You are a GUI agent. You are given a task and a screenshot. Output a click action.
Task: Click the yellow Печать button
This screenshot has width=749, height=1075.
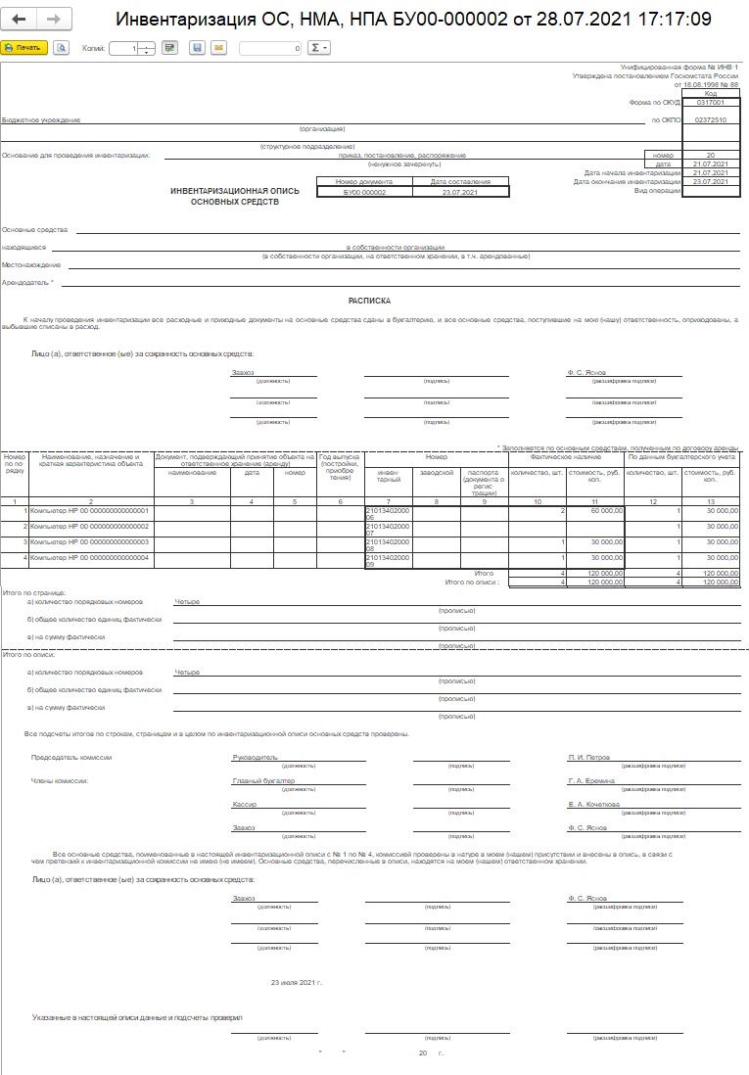click(23, 47)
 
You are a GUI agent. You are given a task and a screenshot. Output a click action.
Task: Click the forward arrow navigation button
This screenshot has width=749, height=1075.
click(54, 20)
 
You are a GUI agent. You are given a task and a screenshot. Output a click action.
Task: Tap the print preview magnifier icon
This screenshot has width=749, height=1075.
click(62, 47)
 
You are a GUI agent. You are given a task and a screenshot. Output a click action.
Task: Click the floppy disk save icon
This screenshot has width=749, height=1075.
click(197, 47)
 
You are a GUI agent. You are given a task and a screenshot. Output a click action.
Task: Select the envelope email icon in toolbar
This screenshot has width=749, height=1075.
click(217, 47)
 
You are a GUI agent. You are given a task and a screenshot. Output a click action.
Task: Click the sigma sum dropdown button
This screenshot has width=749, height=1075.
click(319, 47)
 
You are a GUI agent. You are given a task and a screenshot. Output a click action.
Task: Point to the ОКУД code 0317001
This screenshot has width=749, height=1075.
click(710, 102)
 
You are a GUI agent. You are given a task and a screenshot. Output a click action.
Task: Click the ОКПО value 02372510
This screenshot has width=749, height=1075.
click(710, 119)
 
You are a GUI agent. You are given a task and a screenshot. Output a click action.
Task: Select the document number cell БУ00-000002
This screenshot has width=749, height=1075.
click(365, 193)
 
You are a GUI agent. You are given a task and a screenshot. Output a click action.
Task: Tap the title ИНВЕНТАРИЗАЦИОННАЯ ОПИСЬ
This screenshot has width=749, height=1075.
click(234, 193)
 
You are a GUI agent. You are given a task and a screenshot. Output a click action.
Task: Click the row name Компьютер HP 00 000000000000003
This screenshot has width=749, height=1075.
click(89, 541)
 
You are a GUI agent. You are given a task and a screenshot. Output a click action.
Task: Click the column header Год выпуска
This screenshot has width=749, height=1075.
click(340, 457)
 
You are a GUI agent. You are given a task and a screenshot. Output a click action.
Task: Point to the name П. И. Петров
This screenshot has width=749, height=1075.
click(589, 757)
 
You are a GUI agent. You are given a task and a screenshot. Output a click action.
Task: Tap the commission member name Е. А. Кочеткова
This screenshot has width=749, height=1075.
click(593, 804)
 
